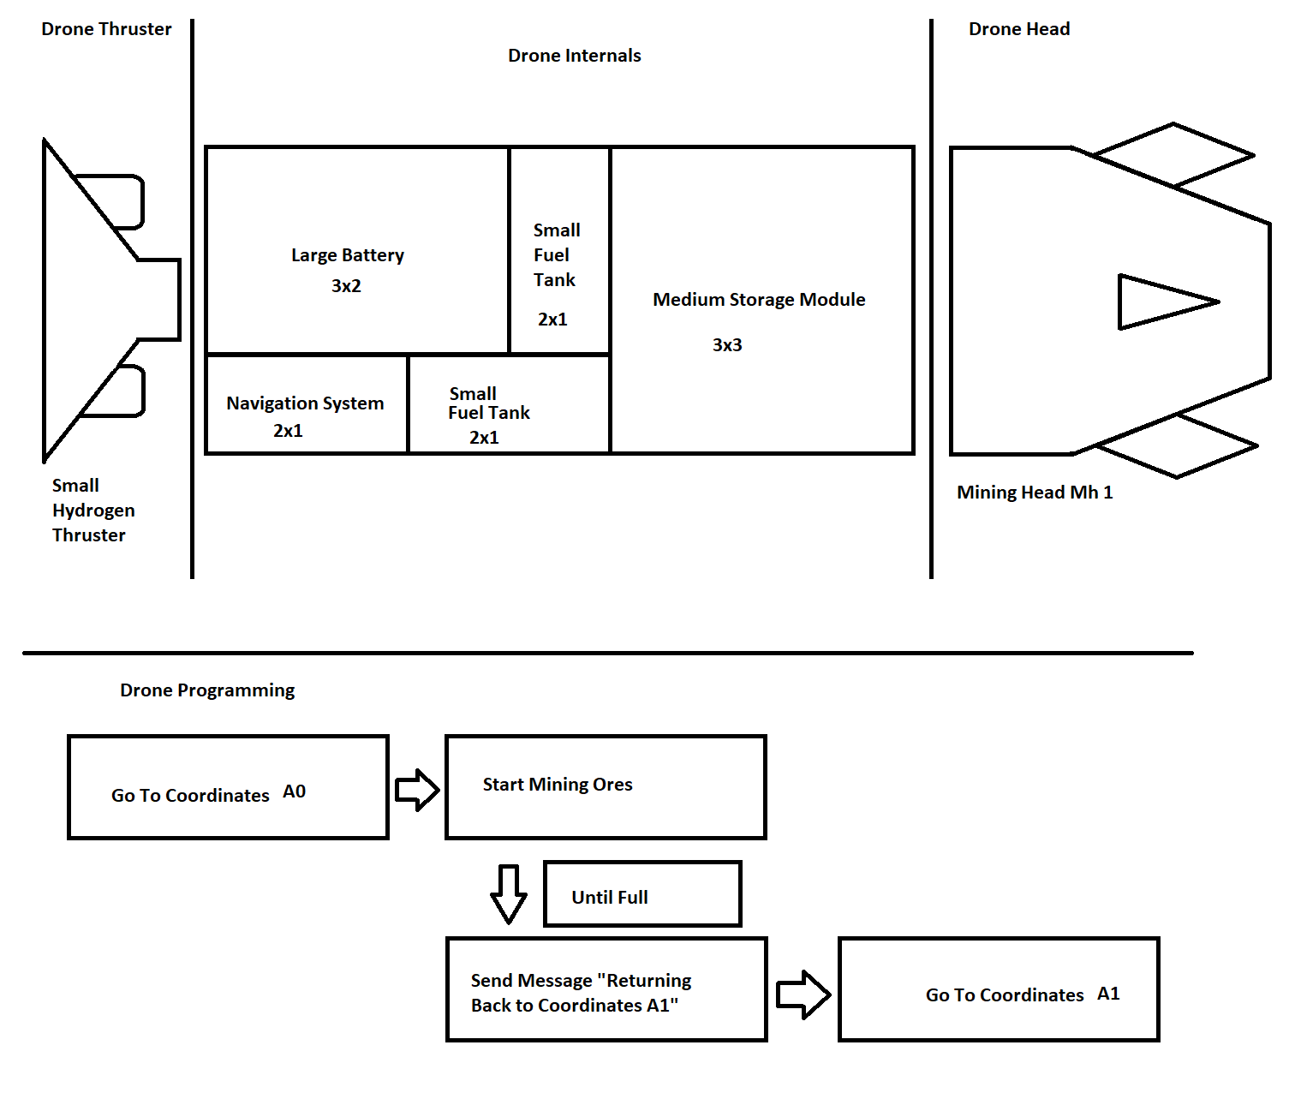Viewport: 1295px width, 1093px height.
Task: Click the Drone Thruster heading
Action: pyautogui.click(x=106, y=29)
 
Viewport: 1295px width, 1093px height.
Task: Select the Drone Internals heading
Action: pyautogui.click(x=574, y=56)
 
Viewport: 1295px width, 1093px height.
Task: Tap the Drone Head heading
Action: pyautogui.click(x=1018, y=29)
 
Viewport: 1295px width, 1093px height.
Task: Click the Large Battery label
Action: pyautogui.click(x=347, y=255)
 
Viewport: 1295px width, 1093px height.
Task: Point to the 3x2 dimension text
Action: pyautogui.click(x=346, y=286)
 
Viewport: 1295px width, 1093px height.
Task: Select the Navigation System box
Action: pyautogui.click(x=307, y=405)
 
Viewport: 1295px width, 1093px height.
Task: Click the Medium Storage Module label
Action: pyautogui.click(x=759, y=300)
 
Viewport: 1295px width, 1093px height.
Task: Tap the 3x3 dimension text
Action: pyautogui.click(x=727, y=345)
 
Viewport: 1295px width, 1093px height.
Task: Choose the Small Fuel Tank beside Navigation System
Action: pyautogui.click(x=509, y=405)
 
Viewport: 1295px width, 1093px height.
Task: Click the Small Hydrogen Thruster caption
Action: pyautogui.click(x=92, y=511)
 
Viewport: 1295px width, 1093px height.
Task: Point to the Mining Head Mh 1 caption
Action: pyautogui.click(x=1035, y=493)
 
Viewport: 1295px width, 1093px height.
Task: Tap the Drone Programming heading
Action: pyautogui.click(x=207, y=690)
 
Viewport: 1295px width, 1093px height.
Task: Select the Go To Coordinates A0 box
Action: pyautogui.click(x=228, y=787)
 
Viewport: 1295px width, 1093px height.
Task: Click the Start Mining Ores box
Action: pyautogui.click(x=606, y=787)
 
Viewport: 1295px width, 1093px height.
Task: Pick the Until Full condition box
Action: pyautogui.click(x=642, y=894)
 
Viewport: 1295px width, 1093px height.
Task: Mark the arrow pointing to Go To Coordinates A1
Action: pyautogui.click(x=803, y=994)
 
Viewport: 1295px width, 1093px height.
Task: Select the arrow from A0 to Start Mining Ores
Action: pyautogui.click(x=417, y=790)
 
